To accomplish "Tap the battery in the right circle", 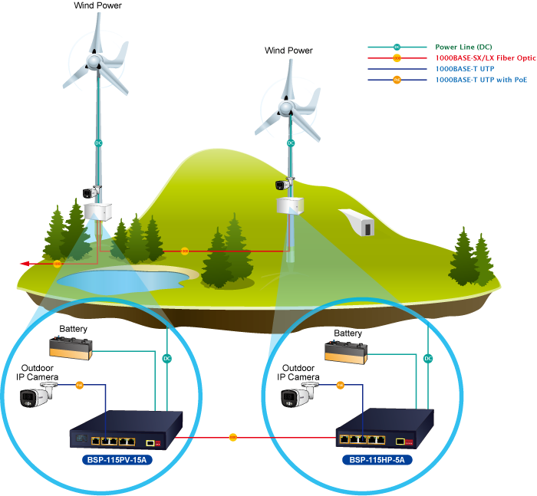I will [x=346, y=352].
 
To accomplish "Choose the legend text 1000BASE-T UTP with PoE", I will [x=481, y=79].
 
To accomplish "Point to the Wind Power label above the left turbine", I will [x=97, y=5].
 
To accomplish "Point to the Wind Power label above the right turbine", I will [x=288, y=51].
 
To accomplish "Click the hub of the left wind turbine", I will [x=93, y=58].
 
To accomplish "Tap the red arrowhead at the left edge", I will [x=24, y=264].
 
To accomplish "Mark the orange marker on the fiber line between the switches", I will [x=233, y=438].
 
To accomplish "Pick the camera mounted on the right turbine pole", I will [x=284, y=184].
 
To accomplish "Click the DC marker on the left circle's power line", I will [x=167, y=358].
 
